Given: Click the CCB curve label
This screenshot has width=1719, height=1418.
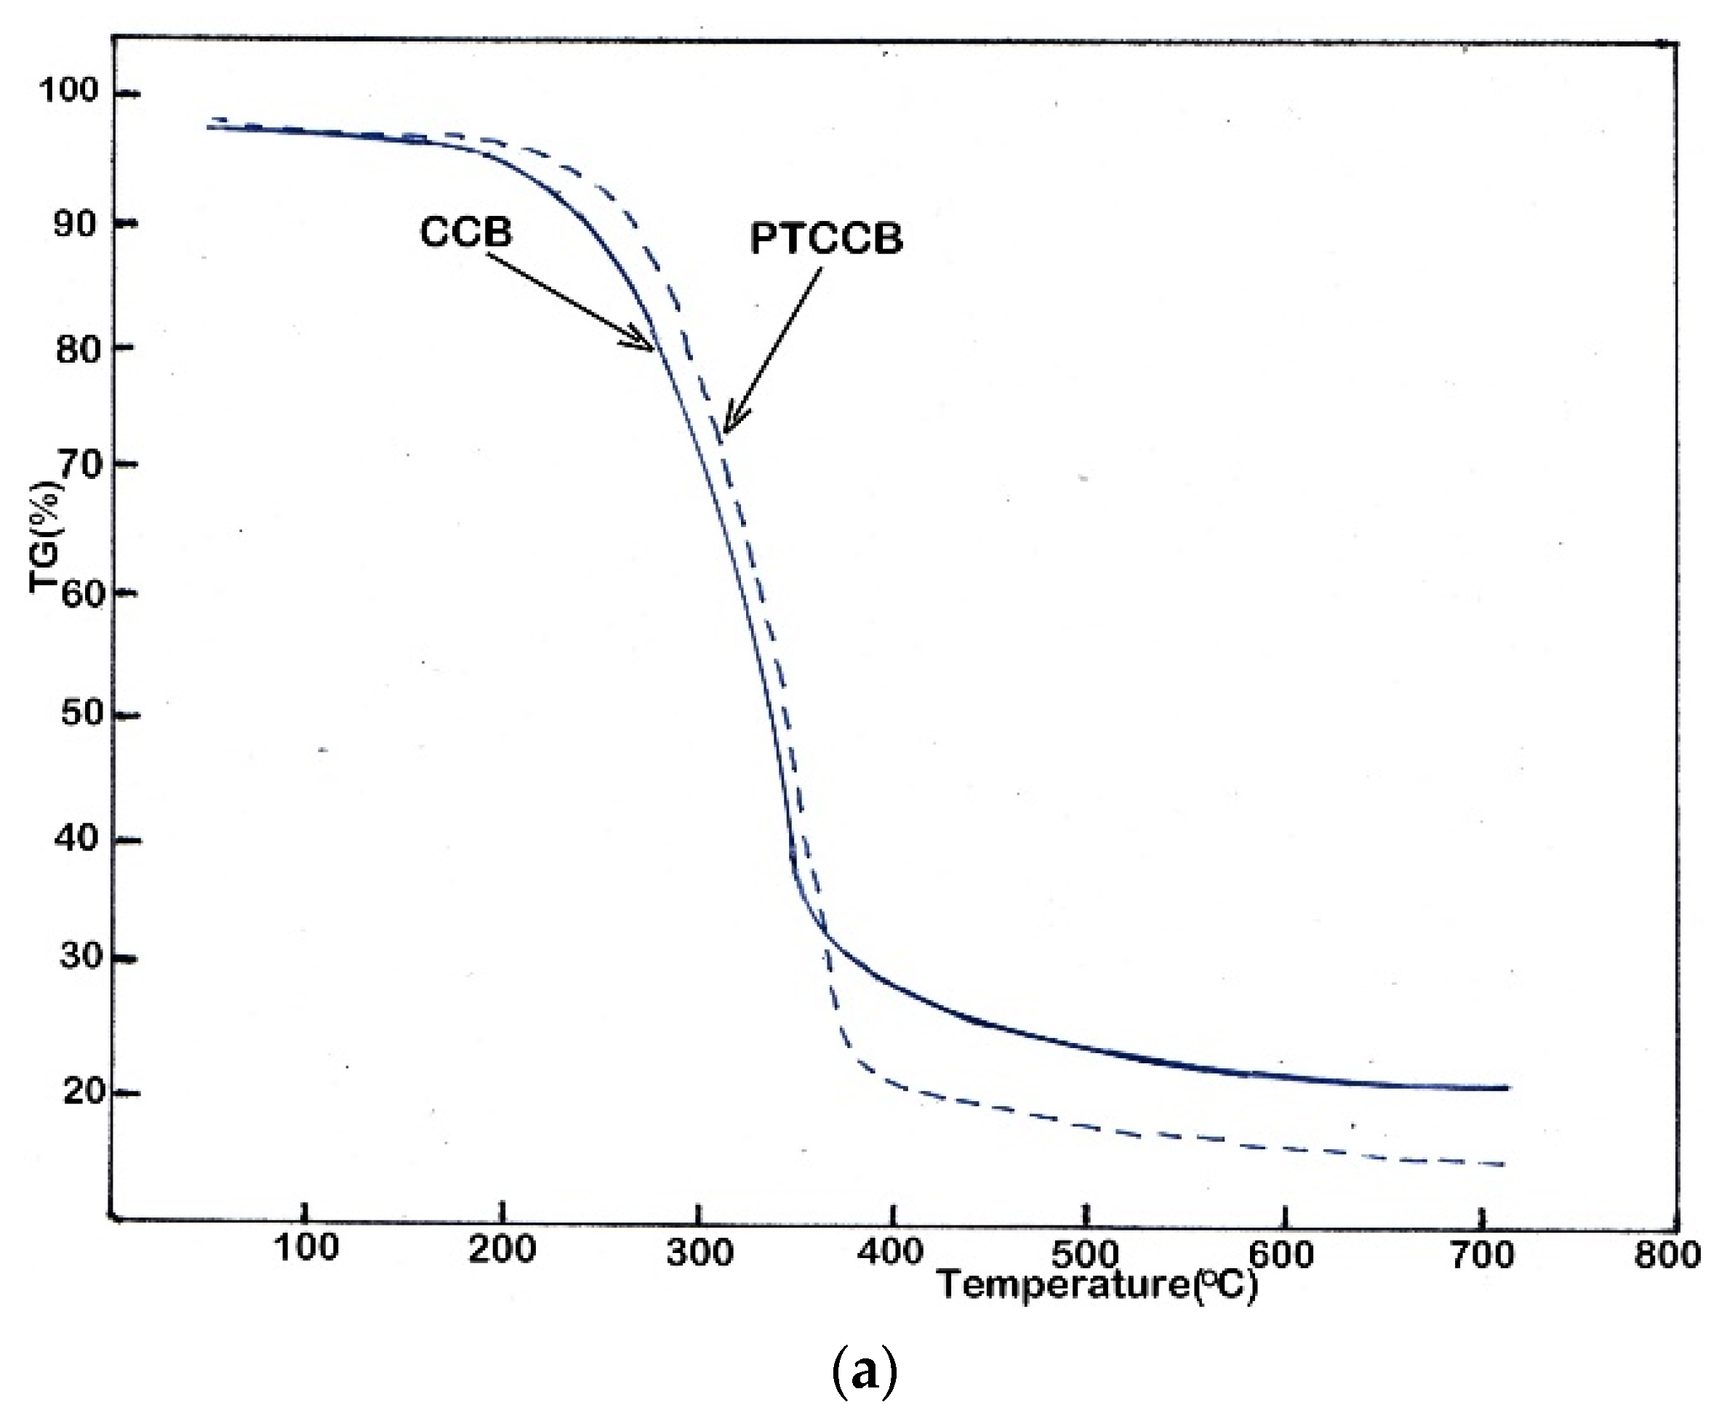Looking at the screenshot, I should [465, 232].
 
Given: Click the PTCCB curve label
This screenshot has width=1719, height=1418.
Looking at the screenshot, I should [826, 238].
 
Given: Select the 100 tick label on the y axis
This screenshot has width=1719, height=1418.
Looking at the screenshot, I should [68, 90].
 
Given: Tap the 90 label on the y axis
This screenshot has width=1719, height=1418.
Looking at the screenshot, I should [76, 222].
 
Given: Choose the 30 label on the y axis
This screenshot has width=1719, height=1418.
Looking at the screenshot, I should [81, 955].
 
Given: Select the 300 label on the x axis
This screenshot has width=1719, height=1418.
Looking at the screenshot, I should [700, 1252].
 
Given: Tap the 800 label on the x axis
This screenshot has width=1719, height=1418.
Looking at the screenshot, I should [1667, 1254].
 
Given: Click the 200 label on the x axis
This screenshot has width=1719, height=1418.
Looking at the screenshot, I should [502, 1249].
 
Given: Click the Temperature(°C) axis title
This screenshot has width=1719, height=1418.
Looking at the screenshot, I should [1097, 1286].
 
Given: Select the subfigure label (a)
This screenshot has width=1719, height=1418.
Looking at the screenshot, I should [864, 1373].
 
